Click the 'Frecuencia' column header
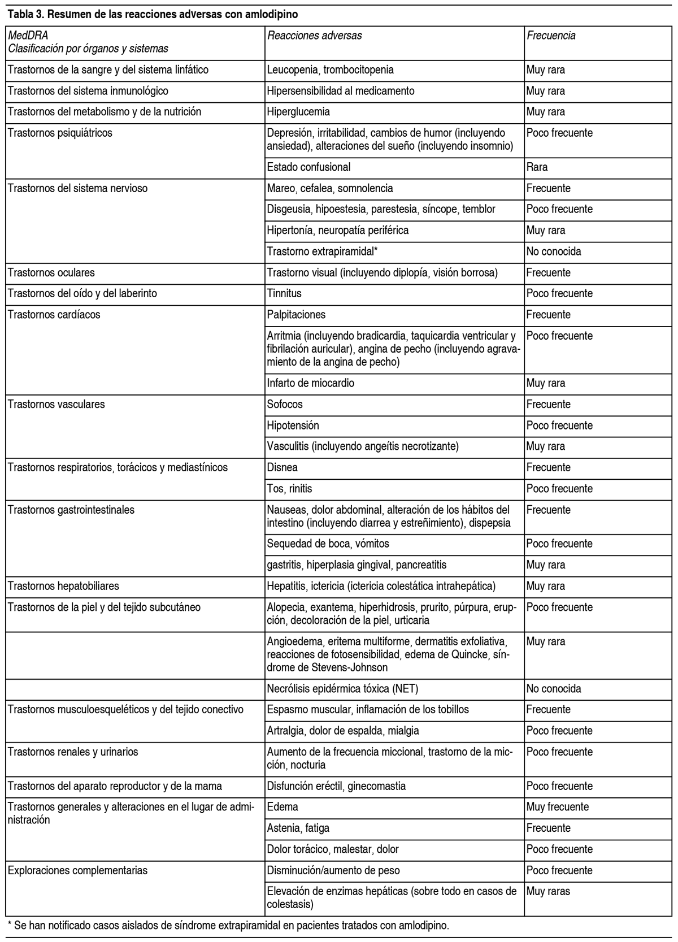pos(551,36)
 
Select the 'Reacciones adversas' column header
pos(314,36)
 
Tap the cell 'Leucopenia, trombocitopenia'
pos(330,70)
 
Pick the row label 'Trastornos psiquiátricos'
pos(60,133)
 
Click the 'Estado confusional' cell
pos(308,167)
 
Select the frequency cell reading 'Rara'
pos(537,167)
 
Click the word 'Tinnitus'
pos(284,294)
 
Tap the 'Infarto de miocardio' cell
pos(311,383)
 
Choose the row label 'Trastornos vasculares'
pos(56,405)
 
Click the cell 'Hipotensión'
pos(293,426)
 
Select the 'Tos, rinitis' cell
pos(289,489)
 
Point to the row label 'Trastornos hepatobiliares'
pos(63,586)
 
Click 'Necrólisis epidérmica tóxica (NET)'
pos(342,689)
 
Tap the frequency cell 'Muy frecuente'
pos(557,807)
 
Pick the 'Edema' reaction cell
pos(282,807)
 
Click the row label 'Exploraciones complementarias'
pos(77,870)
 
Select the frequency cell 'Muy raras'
pos(548,892)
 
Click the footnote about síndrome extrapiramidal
pos(228,926)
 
